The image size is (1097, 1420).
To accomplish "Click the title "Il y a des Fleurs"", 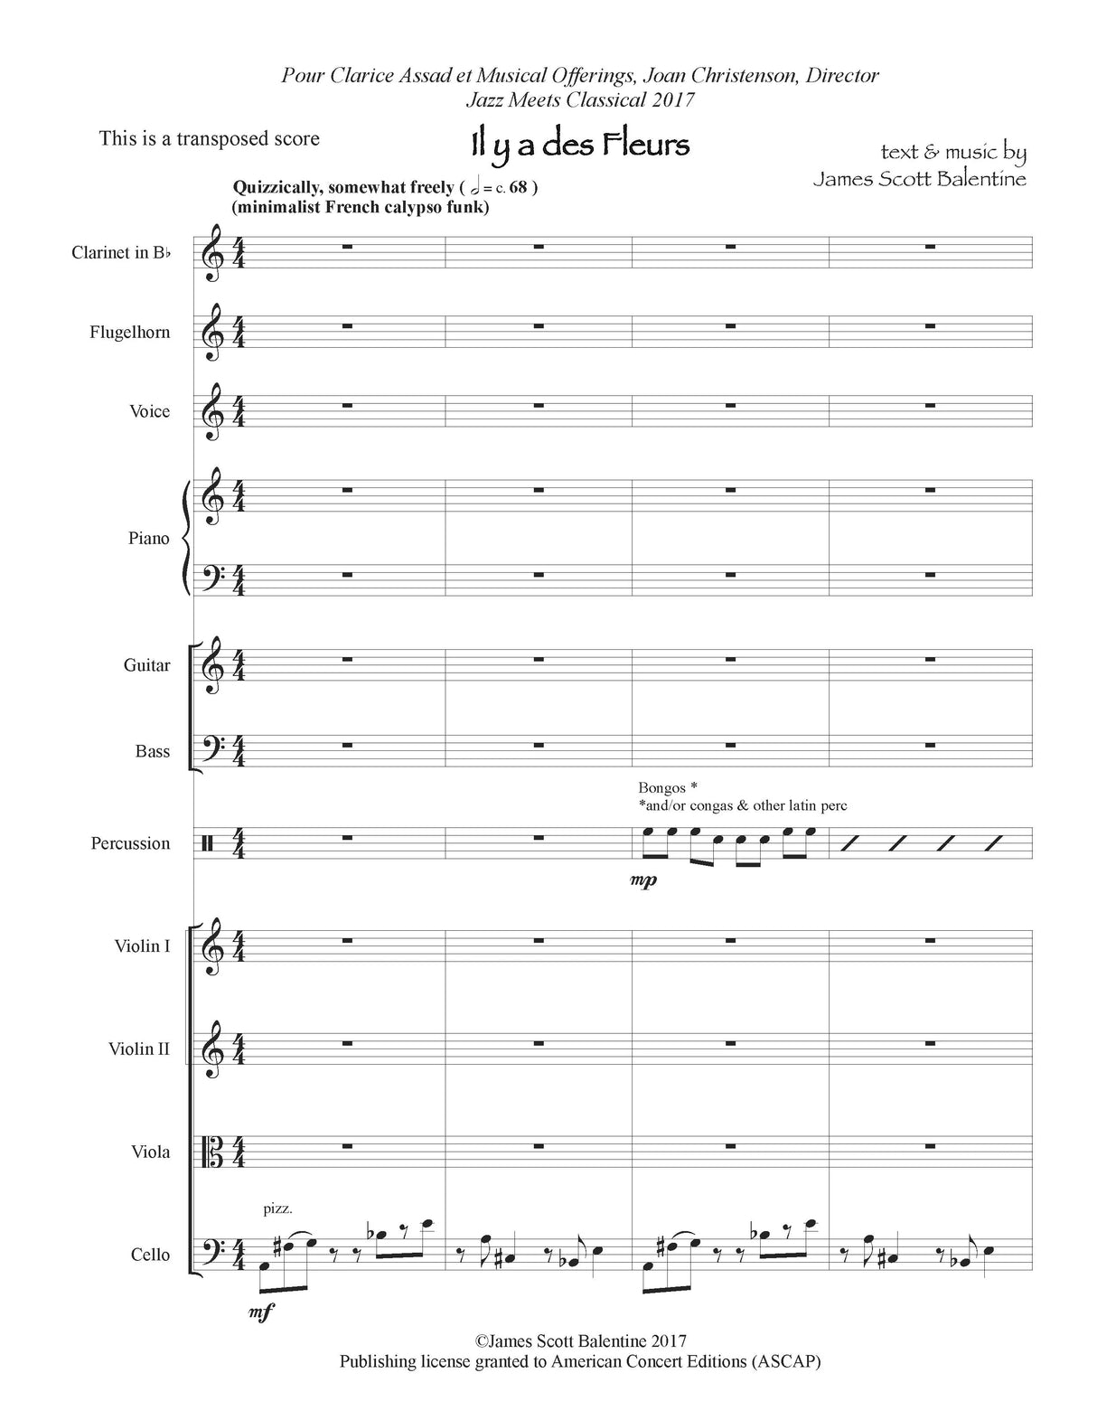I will [x=579, y=145].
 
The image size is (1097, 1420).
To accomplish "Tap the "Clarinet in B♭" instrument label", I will [x=121, y=253].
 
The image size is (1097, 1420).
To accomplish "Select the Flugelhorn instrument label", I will [x=129, y=333].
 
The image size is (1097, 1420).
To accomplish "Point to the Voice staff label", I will [x=149, y=412].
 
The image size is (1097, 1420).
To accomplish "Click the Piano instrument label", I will [x=148, y=539].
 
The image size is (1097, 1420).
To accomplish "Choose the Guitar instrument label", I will [x=146, y=666].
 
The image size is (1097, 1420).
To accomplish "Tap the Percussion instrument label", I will [x=130, y=843].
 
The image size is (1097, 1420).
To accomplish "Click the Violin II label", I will [x=138, y=1049].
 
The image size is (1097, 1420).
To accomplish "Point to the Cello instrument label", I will [x=150, y=1255].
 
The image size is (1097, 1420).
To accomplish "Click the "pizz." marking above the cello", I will [x=278, y=1208].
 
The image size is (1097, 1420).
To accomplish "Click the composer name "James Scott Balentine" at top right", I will [x=919, y=178].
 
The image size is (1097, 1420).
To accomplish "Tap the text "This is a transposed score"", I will [x=209, y=139].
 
